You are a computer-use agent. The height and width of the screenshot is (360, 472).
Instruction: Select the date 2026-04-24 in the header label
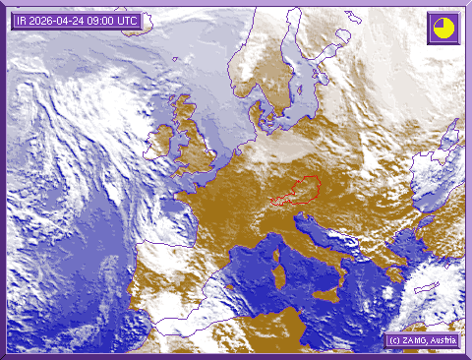point(60,21)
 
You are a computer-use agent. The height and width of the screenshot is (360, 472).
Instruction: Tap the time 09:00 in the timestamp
point(105,21)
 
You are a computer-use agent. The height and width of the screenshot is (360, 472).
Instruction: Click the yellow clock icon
point(443,27)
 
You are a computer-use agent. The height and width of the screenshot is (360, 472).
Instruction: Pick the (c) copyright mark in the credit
point(392,339)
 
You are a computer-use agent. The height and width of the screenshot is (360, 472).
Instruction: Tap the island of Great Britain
point(197,148)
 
